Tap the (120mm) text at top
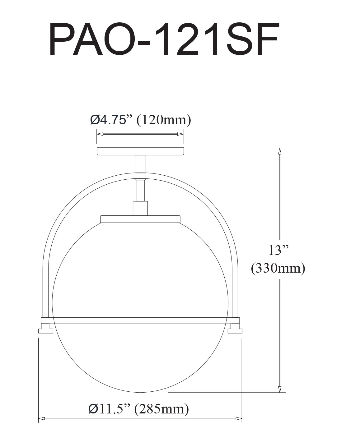tap(164, 120)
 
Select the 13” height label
tap(278, 250)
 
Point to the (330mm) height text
tap(278, 269)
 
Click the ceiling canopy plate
tap(140, 151)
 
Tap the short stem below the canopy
tap(140, 164)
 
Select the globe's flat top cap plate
tap(140, 219)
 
